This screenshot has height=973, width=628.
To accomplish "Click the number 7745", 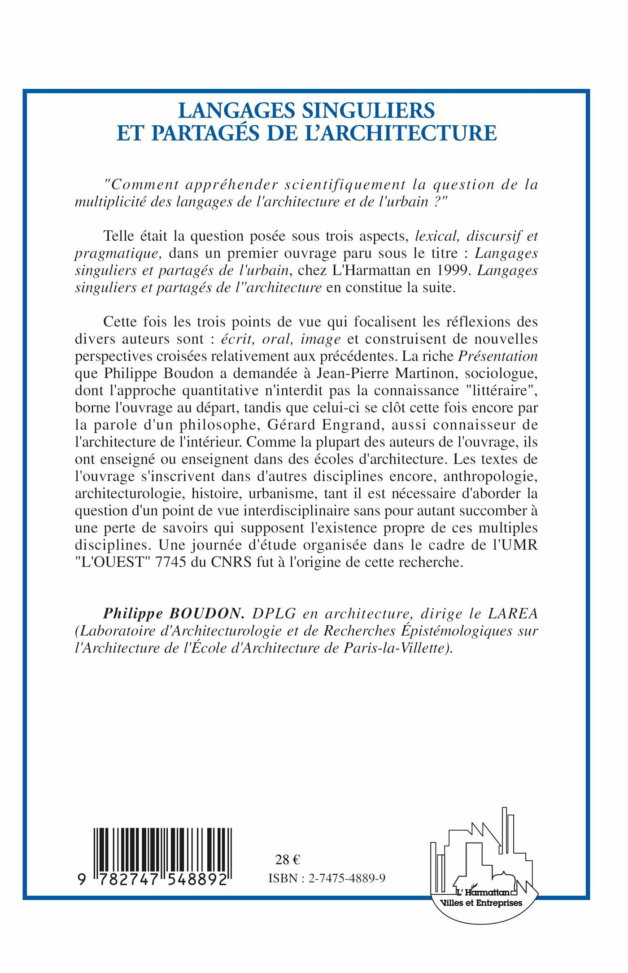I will coord(170,562).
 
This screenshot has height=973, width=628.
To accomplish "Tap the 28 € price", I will coord(288,859).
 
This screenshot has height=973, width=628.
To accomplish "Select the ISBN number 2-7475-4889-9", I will coord(347,879).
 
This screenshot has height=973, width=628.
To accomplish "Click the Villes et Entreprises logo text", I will coord(482,903).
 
